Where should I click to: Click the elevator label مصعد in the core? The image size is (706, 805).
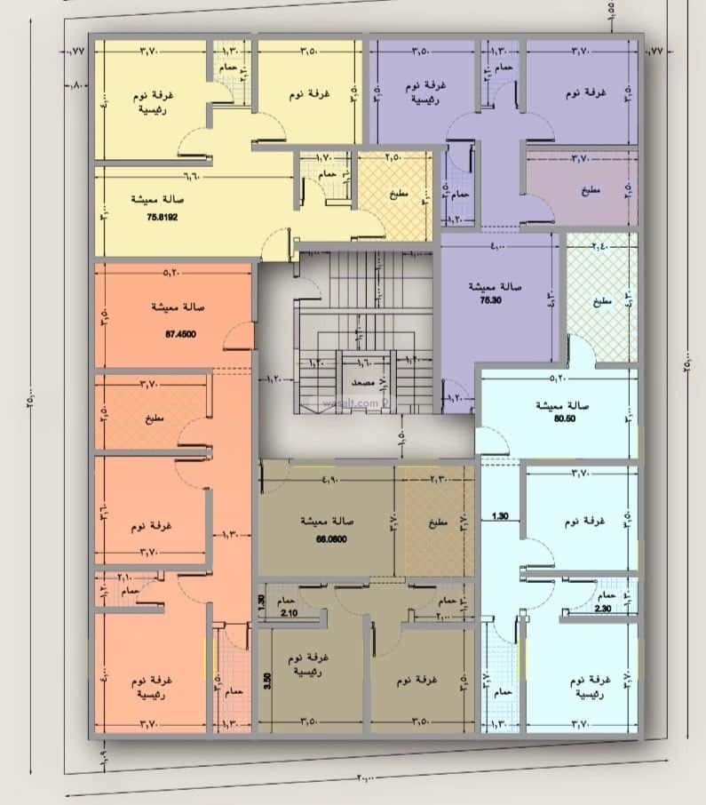tap(364, 382)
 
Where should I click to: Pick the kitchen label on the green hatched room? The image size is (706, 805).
tap(601, 302)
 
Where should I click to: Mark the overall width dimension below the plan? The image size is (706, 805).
tap(364, 777)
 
